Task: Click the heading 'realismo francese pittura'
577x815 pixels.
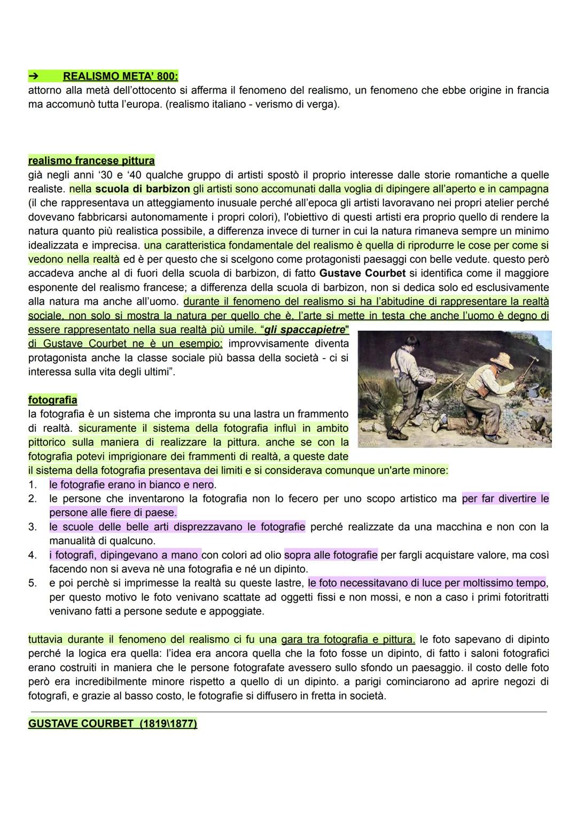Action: coord(91,160)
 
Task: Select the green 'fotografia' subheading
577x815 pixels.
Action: coord(52,400)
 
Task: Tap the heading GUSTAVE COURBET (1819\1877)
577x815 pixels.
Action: coord(112,724)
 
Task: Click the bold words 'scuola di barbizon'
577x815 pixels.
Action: coord(143,189)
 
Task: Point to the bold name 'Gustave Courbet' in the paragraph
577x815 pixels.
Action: coord(362,273)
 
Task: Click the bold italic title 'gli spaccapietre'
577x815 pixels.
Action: coord(305,329)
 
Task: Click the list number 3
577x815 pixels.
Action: coord(33,527)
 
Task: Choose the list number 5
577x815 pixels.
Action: coord(33,583)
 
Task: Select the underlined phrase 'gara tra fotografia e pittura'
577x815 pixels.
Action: coord(347,639)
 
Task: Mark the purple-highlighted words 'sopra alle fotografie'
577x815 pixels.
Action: coord(331,555)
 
